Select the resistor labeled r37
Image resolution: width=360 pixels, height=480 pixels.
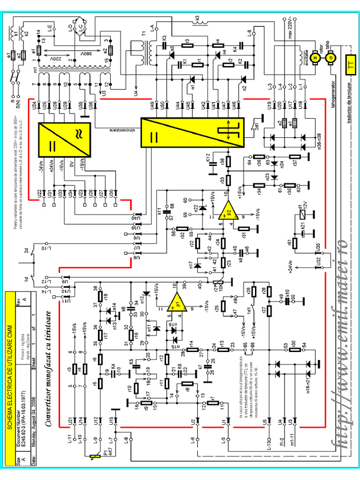pos(295,157)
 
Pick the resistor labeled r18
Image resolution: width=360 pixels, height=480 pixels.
pos(100,296)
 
